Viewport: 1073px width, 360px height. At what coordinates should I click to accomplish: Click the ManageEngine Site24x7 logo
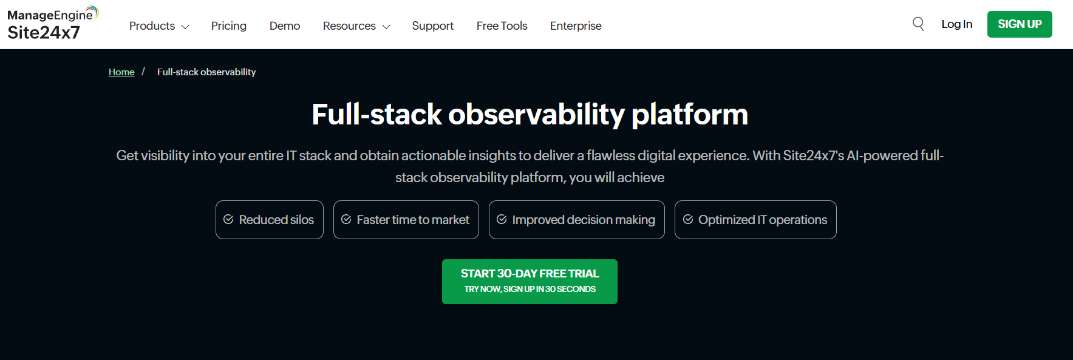point(53,24)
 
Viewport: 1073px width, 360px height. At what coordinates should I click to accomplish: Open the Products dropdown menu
point(159,26)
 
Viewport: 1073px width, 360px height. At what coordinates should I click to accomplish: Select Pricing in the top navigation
point(229,26)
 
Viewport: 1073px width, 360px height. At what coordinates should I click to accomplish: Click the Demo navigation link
point(285,26)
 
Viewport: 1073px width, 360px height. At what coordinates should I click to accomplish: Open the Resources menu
point(356,26)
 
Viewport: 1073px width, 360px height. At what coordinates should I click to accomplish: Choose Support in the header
point(433,26)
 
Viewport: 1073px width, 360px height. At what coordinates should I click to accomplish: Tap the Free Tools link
point(502,26)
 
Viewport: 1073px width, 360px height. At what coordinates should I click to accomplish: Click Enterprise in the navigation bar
point(576,26)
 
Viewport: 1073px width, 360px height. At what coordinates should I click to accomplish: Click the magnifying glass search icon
point(918,24)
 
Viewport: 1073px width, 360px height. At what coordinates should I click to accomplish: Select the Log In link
point(957,24)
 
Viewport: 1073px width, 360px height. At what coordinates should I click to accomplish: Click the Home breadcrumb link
point(121,72)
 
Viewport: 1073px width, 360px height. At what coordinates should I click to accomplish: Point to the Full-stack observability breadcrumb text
point(206,72)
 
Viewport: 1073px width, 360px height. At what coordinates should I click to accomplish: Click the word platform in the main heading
point(690,115)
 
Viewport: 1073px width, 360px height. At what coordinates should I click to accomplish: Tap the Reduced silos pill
point(270,220)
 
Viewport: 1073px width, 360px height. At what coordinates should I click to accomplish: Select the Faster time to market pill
point(406,220)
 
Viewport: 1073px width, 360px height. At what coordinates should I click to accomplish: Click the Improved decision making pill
point(577,220)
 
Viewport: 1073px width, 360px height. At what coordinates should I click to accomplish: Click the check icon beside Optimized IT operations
point(688,219)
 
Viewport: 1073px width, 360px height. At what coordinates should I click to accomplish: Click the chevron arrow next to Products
point(185,27)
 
